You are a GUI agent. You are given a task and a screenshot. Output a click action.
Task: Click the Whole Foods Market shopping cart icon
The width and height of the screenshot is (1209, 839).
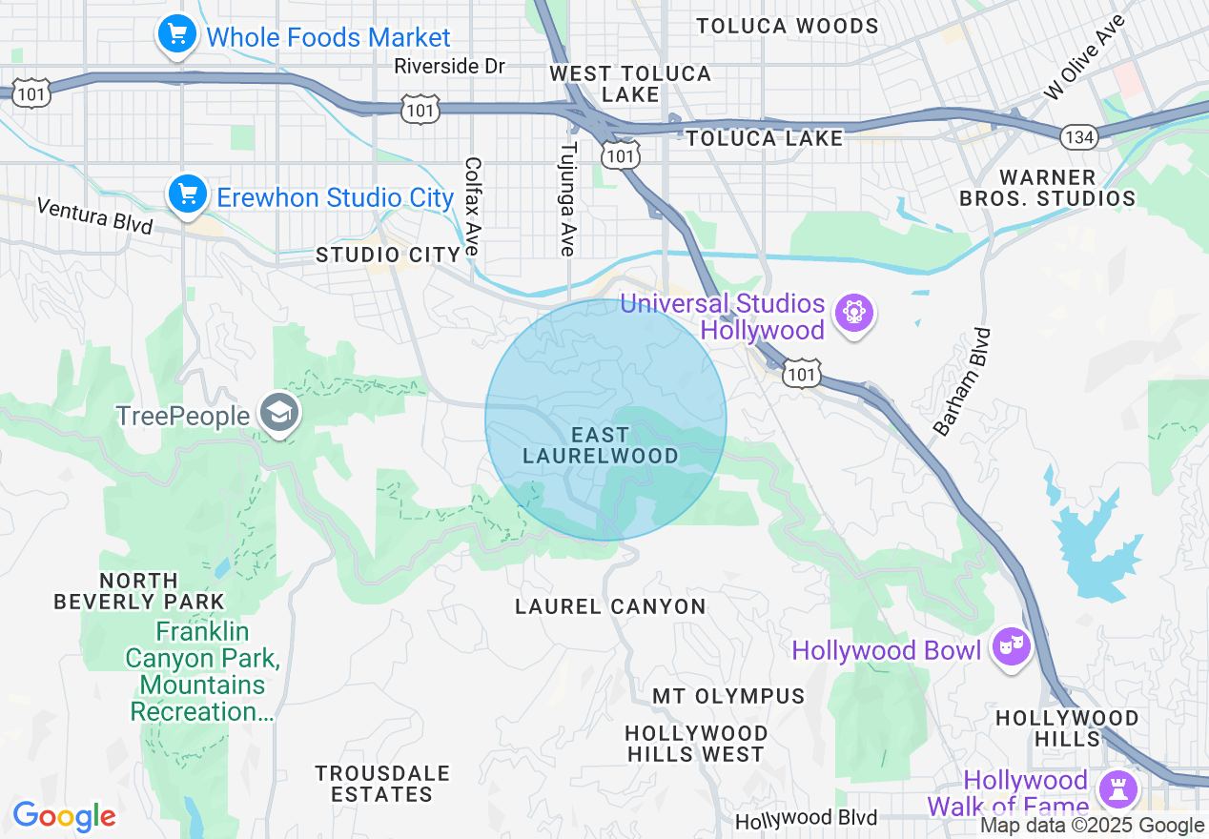pyautogui.click(x=176, y=35)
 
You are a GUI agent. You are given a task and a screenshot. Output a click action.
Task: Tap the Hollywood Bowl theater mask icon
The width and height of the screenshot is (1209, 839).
pyautogui.click(x=1011, y=647)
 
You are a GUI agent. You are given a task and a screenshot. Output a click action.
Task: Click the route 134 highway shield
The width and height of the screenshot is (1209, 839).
pyautogui.click(x=1078, y=137)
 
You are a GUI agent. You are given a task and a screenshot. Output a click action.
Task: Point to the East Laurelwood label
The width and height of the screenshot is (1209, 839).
pyautogui.click(x=601, y=445)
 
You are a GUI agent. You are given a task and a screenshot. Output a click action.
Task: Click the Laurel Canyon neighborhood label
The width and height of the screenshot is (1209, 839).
pyautogui.click(x=610, y=606)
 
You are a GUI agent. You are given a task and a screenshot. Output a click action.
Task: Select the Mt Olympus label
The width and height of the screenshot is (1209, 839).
pyautogui.click(x=728, y=696)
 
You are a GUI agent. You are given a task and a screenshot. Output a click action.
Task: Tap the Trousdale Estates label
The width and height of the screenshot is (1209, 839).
pyautogui.click(x=381, y=783)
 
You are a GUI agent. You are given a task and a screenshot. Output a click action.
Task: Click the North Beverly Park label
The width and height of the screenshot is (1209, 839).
pyautogui.click(x=139, y=591)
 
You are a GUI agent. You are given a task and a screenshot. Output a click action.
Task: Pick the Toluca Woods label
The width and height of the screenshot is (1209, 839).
pyautogui.click(x=787, y=26)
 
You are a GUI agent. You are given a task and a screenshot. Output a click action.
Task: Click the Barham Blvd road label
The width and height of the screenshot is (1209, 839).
pyautogui.click(x=964, y=381)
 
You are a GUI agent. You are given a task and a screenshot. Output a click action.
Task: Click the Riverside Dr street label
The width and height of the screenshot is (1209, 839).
pyautogui.click(x=449, y=66)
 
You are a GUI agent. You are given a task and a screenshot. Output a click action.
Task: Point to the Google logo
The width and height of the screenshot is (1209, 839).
pyautogui.click(x=64, y=816)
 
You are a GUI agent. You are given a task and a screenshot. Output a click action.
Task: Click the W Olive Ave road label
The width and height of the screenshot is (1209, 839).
pyautogui.click(x=1085, y=55)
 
